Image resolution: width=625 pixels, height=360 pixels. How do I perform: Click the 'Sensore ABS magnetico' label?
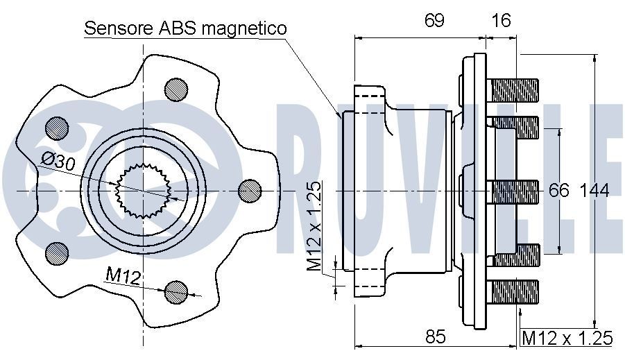pos(185,28)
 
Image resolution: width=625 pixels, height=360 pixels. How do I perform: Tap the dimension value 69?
pos(434,20)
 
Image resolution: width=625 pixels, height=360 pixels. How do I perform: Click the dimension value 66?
pos(558,190)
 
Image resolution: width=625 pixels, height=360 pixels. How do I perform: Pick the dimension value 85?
pos(434,337)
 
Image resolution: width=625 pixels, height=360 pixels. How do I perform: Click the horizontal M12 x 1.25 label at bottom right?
pos(567,338)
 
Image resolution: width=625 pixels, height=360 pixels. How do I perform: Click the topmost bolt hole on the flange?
pos(176,88)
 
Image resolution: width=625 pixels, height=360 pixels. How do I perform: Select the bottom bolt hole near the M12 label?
pos(176,291)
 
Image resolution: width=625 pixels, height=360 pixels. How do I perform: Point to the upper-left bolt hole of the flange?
pos(57,127)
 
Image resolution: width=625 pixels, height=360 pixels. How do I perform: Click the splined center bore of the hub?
pos(143,189)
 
